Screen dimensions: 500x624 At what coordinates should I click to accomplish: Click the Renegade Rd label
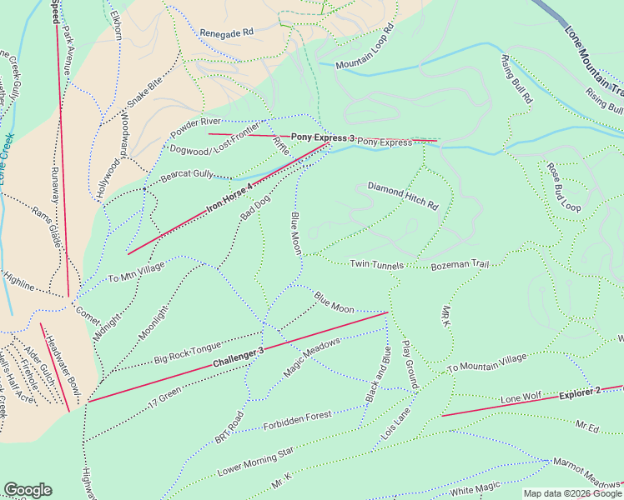(226, 32)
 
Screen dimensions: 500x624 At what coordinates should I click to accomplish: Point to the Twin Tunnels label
(376, 264)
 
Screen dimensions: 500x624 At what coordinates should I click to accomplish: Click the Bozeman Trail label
(459, 265)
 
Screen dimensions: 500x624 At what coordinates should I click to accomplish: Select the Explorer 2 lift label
(580, 393)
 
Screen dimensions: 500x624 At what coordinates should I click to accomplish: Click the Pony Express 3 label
(323, 137)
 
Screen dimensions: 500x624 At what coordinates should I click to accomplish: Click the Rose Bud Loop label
(563, 186)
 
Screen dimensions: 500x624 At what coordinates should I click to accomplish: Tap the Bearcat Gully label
(188, 175)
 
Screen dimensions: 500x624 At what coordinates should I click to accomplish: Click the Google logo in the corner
(28, 490)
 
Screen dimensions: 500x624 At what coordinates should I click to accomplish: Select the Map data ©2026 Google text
(572, 493)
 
